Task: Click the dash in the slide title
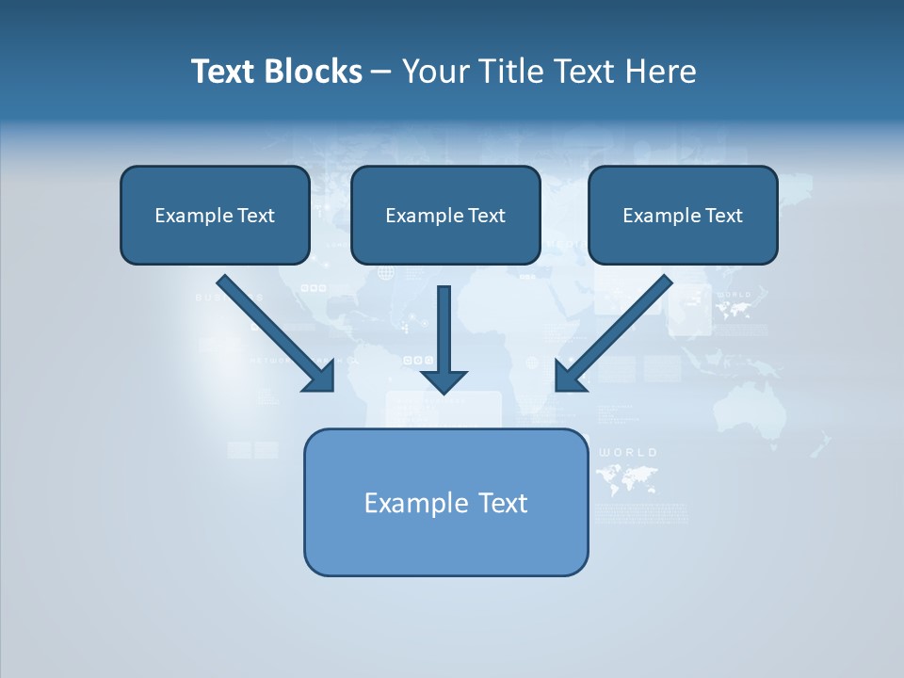click(x=381, y=73)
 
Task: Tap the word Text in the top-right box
click(x=723, y=216)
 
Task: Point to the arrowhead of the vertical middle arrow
click(x=444, y=381)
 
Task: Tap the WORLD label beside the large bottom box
click(x=627, y=453)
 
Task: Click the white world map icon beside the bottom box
click(x=627, y=478)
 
